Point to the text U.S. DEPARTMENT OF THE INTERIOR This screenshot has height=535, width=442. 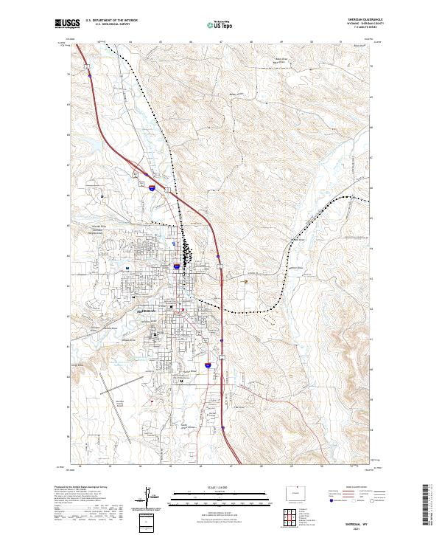tap(111, 21)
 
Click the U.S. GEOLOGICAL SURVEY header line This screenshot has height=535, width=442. tap(111, 25)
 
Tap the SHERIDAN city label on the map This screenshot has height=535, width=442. tap(148, 312)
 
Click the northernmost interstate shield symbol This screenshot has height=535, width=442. tap(152, 188)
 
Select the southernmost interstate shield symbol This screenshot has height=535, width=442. tap(208, 365)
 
